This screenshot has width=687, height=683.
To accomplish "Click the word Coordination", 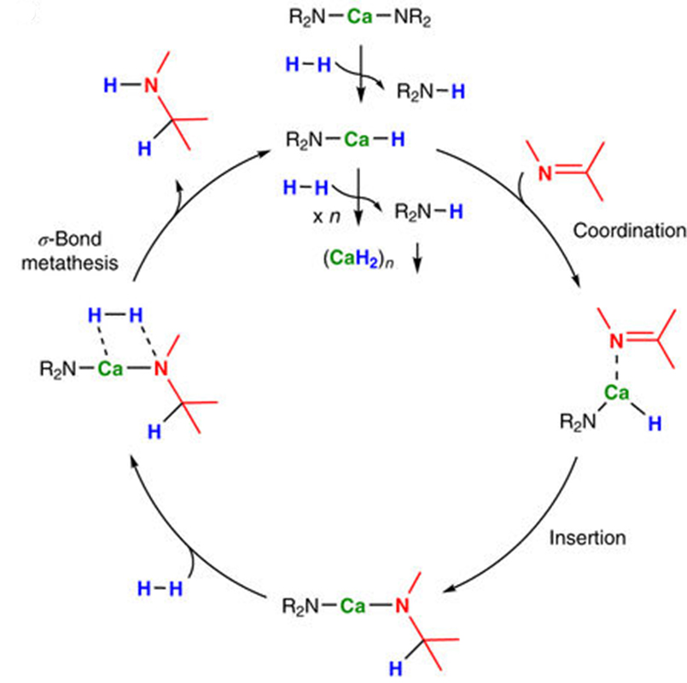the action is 630,231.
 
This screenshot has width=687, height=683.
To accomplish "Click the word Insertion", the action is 587,538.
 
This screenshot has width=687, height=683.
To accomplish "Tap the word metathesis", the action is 70,263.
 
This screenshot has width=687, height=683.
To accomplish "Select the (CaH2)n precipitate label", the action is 358,259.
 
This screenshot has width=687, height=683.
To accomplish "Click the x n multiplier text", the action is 326,217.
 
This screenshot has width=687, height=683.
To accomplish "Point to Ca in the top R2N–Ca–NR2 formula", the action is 359,17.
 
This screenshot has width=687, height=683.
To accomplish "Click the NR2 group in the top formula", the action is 412,18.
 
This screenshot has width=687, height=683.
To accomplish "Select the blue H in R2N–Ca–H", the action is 398,140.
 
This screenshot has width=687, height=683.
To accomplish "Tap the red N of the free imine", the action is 544,173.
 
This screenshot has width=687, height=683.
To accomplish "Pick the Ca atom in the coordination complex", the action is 616,393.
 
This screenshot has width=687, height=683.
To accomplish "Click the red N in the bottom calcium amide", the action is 402,606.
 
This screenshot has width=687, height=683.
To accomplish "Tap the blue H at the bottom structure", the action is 396,668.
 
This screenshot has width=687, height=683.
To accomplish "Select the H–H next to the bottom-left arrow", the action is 160,589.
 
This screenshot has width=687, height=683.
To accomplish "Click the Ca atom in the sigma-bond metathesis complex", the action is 110,369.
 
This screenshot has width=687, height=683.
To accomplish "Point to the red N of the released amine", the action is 151,85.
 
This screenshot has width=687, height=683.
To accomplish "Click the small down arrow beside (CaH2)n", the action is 417,258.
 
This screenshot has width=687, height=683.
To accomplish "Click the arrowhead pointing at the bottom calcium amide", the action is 451,588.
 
